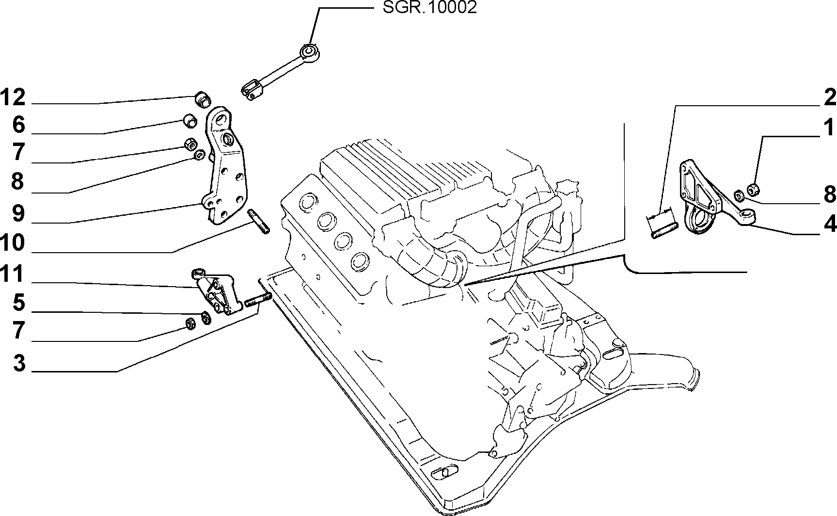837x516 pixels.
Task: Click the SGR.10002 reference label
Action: pos(430,8)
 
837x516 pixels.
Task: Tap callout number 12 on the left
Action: pos(13,98)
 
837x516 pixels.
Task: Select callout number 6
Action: pos(18,125)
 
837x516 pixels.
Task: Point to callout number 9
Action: pos(18,213)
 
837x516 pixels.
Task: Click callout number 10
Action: pos(13,242)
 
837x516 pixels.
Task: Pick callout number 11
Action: pos(13,274)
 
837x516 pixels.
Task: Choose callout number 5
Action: pos(18,303)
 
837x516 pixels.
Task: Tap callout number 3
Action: pos(18,363)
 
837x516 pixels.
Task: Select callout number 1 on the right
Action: pos(829,128)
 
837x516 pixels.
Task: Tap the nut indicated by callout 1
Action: pos(754,189)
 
